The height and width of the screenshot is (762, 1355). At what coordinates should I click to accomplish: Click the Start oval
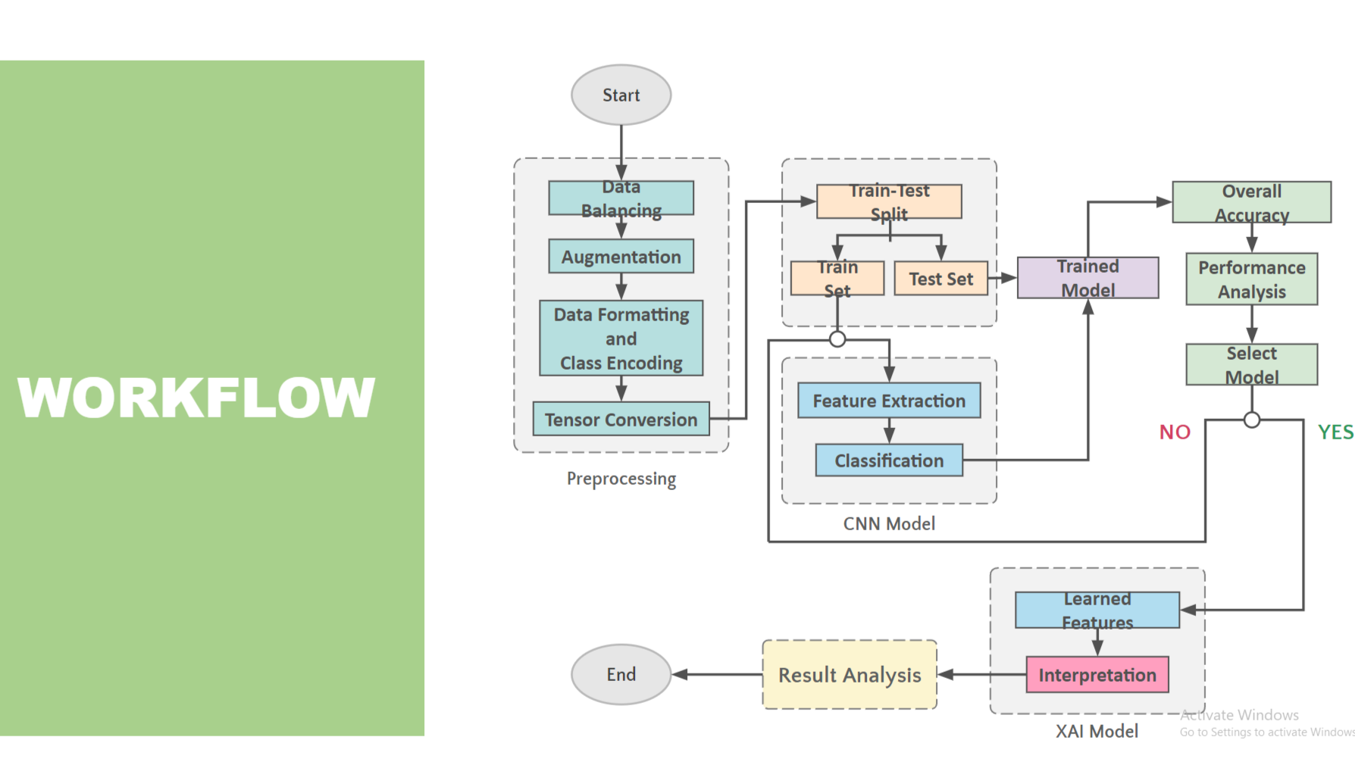pos(621,95)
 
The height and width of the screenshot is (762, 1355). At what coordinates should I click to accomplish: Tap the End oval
pos(621,674)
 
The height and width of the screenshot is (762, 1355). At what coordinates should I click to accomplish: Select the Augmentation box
pos(621,257)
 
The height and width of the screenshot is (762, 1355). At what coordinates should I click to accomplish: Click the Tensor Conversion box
pos(621,419)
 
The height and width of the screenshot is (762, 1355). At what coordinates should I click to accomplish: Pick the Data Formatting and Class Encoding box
pos(621,338)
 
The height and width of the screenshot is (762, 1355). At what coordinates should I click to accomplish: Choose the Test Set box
pos(940,279)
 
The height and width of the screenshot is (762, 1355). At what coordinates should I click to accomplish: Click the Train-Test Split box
pos(889,201)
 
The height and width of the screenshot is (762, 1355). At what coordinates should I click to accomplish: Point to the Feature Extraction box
pos(889,401)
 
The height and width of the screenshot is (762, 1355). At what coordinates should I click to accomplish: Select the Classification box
pos(889,461)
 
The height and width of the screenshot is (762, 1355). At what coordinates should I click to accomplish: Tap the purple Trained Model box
pos(1087,278)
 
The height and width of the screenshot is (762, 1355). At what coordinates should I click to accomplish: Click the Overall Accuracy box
pos(1251,202)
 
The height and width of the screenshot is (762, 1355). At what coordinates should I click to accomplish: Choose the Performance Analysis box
pos(1251,280)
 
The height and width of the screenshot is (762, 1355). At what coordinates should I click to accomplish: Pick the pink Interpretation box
pos(1097,675)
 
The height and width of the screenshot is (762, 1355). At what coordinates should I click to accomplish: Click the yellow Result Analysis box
pos(850,675)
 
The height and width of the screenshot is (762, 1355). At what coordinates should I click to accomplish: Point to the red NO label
pos(1175,433)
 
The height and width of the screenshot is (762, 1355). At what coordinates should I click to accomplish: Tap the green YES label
pos(1335,433)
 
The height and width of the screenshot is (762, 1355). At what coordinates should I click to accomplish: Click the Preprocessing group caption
pos(621,479)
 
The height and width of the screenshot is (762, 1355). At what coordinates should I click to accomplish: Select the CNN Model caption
pos(889,523)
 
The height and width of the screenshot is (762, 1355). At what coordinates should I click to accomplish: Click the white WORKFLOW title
pos(196,397)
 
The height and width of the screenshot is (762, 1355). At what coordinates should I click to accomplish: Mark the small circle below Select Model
pos(1252,420)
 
